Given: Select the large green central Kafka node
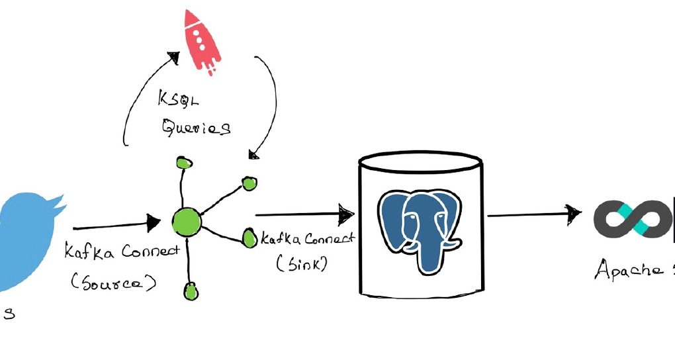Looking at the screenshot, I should click(x=186, y=222).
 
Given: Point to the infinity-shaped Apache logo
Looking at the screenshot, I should click(x=633, y=219).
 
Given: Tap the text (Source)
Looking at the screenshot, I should click(x=114, y=283).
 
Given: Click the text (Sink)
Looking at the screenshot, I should click(x=302, y=263).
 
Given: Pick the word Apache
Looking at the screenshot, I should click(x=629, y=269).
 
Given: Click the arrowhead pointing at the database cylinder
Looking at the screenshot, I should click(x=347, y=214).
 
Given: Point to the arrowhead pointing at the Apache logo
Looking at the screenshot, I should click(x=574, y=213).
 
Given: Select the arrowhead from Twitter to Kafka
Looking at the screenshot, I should click(x=154, y=222).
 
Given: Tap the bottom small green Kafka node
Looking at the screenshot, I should click(x=191, y=289).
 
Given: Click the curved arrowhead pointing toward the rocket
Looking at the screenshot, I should click(x=174, y=58).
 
